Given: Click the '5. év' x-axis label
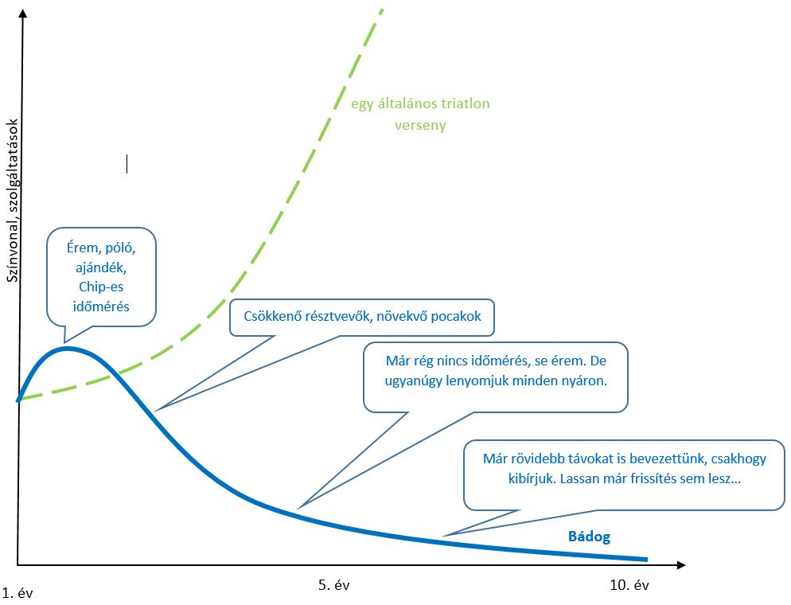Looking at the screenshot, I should point(334,585).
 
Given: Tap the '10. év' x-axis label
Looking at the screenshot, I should point(630,585).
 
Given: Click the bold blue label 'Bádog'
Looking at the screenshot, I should point(589,537).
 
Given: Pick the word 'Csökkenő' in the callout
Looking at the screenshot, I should point(270,316).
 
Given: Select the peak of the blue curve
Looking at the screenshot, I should point(67,348).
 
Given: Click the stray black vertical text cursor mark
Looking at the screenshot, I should point(127,164).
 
